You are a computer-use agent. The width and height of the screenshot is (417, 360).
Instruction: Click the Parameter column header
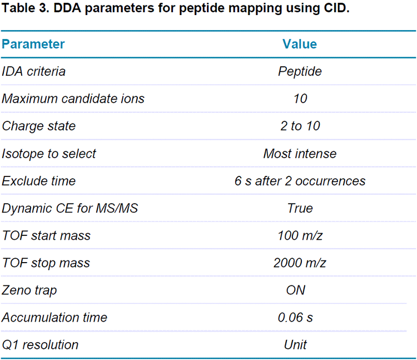33,45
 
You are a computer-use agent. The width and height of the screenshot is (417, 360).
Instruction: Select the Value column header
300,45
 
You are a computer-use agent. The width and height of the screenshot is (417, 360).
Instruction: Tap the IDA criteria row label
34,72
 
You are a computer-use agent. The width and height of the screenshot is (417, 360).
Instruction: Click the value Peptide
300,72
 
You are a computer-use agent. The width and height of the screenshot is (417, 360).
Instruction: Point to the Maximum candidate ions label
73,99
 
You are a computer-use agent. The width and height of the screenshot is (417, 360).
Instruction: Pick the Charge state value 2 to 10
300,126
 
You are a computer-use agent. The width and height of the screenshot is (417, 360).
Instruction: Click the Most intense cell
300,154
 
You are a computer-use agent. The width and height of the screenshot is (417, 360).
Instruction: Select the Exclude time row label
39,181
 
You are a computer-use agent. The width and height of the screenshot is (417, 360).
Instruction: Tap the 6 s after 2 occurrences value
300,181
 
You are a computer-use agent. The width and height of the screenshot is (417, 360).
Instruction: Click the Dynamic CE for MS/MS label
70,209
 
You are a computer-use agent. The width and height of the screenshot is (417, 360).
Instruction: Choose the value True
300,209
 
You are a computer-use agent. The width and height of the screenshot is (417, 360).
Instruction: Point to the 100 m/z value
300,236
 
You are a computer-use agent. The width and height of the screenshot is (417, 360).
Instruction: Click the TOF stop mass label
46,263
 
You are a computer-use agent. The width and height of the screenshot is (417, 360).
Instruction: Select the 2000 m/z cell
300,263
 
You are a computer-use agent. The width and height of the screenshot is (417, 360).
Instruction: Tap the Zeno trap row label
29,290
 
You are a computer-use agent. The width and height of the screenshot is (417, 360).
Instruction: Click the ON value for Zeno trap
295,290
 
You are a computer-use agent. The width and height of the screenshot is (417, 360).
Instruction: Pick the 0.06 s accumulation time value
295,318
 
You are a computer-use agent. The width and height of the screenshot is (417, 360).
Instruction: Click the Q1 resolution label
41,345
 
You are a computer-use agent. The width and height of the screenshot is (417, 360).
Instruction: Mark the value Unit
295,345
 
